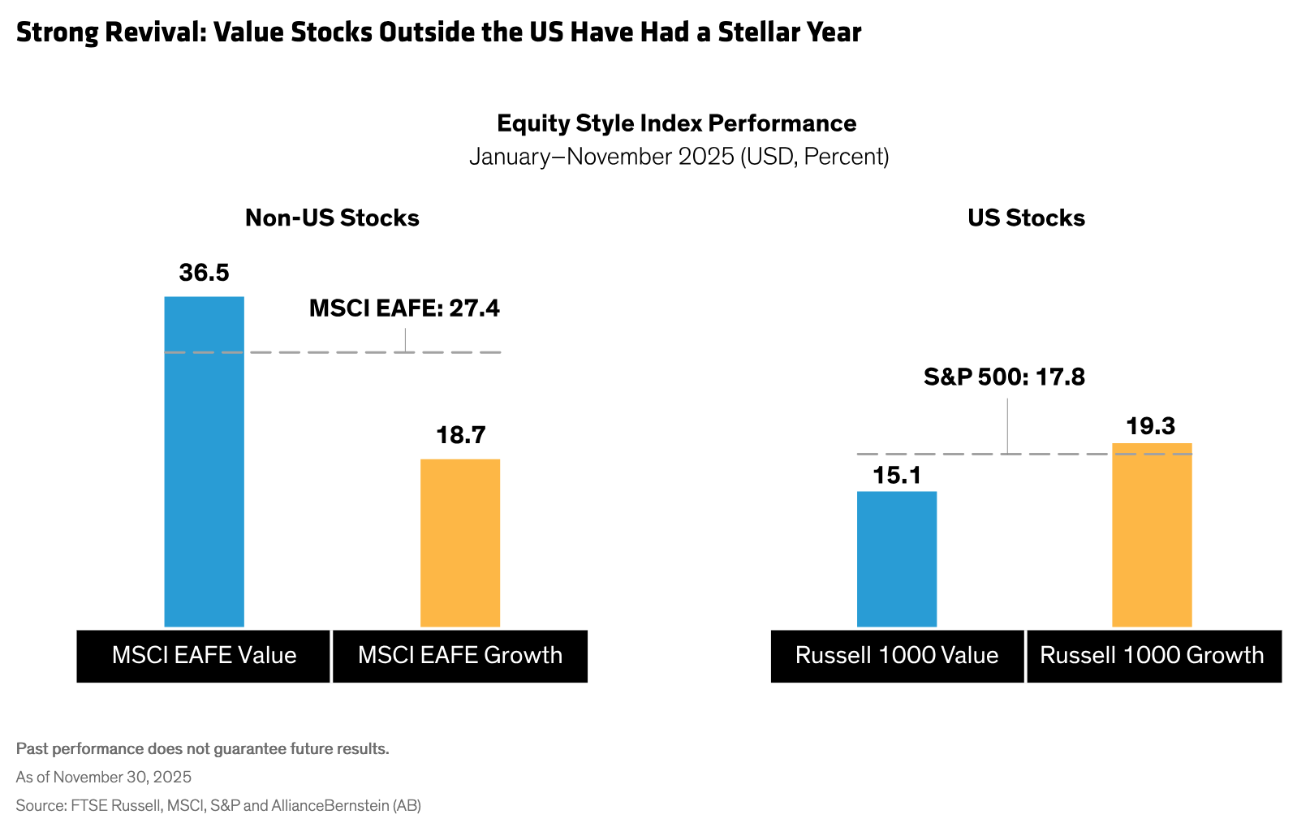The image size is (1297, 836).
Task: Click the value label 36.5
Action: [x=204, y=273]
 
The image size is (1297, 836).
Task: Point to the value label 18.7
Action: [x=460, y=435]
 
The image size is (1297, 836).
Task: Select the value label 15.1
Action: [x=897, y=475]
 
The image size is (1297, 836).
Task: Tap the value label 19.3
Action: [x=1150, y=426]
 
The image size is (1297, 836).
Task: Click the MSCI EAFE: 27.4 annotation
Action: [x=404, y=308]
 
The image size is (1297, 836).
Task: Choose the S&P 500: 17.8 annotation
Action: [x=1004, y=377]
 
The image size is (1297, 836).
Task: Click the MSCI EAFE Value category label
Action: [x=204, y=655]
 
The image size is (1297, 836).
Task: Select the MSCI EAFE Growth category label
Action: [x=460, y=655]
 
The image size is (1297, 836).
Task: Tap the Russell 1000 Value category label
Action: [x=897, y=655]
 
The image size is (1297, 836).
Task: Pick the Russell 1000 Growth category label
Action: [x=1152, y=655]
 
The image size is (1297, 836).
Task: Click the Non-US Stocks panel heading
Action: [x=332, y=218]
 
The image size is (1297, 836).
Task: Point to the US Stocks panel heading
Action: [x=1026, y=218]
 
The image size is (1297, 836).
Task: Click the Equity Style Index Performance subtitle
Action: [x=676, y=123]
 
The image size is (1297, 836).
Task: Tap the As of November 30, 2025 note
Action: [x=104, y=777]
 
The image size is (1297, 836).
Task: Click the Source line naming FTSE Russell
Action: [x=218, y=805]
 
